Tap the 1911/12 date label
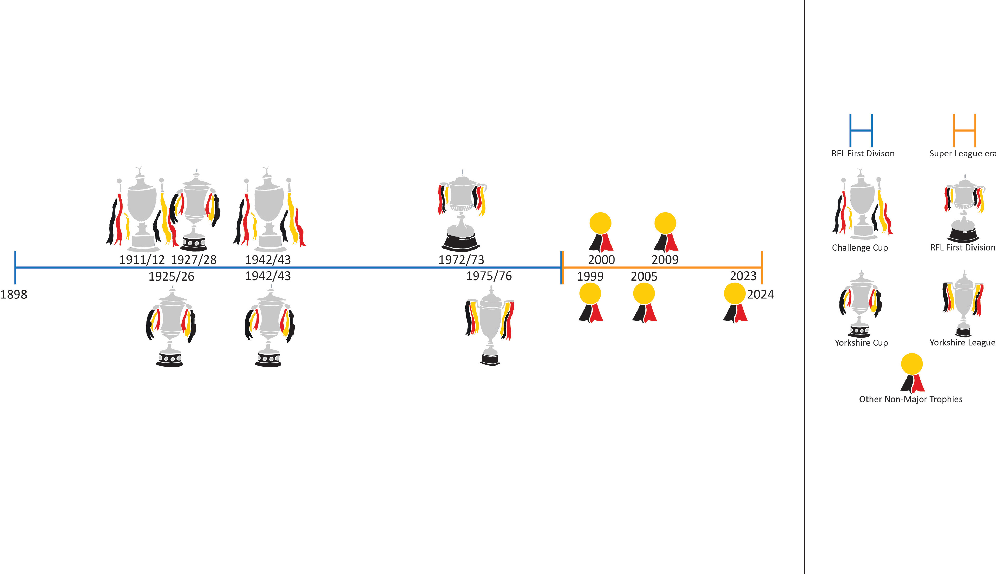(x=142, y=260)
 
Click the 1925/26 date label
(x=171, y=276)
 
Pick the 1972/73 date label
(x=461, y=260)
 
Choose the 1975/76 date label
(x=489, y=276)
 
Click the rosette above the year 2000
(x=600, y=232)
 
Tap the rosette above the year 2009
(x=666, y=232)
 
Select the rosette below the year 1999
(x=590, y=303)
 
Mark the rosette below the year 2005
(x=644, y=303)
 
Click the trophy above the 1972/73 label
(x=462, y=211)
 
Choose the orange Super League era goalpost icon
(x=964, y=131)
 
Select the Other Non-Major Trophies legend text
(x=910, y=399)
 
